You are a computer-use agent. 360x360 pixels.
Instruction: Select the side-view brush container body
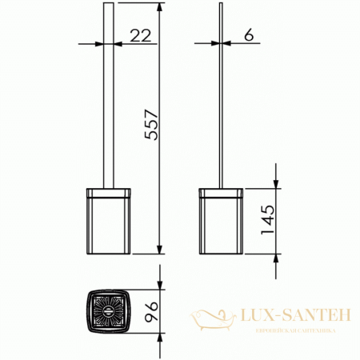point(219,225)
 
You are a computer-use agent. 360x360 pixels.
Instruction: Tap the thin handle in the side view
point(220,104)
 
